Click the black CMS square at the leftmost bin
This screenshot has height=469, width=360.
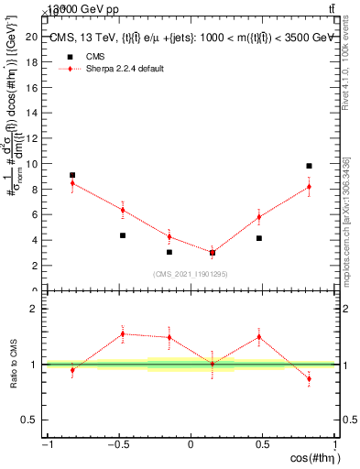[x=72, y=175]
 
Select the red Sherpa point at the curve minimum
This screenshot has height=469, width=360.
[x=213, y=252]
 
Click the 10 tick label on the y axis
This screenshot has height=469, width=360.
[x=34, y=164]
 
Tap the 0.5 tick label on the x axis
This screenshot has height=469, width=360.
[x=262, y=445]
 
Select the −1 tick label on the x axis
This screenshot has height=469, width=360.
[x=47, y=445]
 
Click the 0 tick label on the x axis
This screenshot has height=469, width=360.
[x=191, y=445]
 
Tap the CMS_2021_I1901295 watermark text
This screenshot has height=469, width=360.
[x=191, y=273]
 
